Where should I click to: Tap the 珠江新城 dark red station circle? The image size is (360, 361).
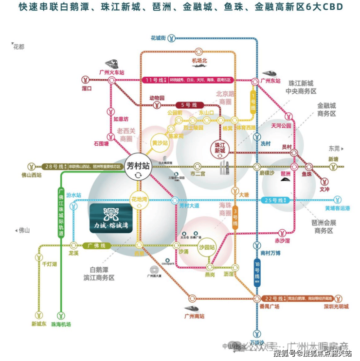coord(220,148)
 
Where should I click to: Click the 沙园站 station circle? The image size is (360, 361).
coord(207,246)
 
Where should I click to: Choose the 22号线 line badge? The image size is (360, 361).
coord(275,298)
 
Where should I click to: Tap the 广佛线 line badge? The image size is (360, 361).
coord(96,245)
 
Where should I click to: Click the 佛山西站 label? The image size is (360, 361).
coord(32,175)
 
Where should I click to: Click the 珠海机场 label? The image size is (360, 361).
coord(62,324)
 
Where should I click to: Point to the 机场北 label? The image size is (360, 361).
coord(199,60)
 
